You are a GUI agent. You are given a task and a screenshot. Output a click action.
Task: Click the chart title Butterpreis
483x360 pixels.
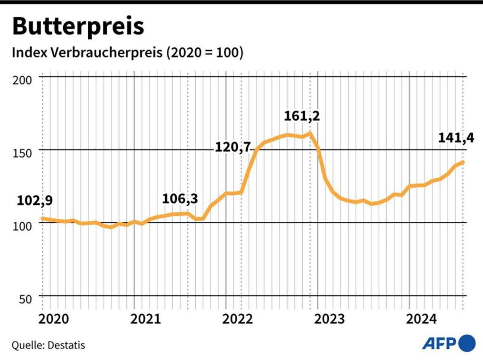point(78,26)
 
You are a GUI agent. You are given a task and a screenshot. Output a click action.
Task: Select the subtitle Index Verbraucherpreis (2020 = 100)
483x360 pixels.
point(127,53)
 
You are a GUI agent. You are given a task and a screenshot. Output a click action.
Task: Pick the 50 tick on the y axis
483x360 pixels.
point(25,299)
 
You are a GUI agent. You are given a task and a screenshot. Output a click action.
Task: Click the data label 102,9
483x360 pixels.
point(34,201)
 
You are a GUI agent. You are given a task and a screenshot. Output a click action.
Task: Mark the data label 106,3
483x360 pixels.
point(180,199)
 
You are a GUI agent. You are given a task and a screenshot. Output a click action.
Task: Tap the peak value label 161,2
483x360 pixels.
point(302,116)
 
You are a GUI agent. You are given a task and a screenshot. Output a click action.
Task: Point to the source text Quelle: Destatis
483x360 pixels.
point(49,345)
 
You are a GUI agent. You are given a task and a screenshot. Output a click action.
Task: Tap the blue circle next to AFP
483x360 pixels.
point(467,343)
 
